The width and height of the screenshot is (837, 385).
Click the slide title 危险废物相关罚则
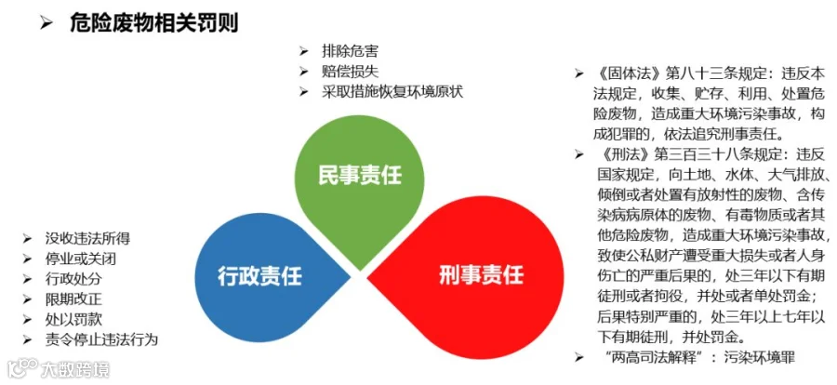(153, 23)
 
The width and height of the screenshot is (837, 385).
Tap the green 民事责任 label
(360, 175)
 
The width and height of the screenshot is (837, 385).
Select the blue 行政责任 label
(260, 276)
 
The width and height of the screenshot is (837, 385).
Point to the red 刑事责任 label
(482, 274)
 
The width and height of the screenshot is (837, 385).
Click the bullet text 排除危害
(351, 52)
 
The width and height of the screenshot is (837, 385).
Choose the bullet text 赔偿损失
(351, 72)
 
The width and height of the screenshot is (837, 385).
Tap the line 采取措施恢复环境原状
(392, 91)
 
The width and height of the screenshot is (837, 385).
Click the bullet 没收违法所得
(87, 238)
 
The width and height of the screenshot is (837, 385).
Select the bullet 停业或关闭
(81, 259)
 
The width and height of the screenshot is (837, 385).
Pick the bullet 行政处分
(73, 279)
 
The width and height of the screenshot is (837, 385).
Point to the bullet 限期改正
(73, 299)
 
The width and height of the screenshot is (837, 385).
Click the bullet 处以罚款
(73, 319)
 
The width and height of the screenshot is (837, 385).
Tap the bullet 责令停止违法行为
(102, 339)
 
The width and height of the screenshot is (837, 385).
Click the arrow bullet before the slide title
(46, 24)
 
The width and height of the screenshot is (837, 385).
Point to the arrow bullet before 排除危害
(304, 52)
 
